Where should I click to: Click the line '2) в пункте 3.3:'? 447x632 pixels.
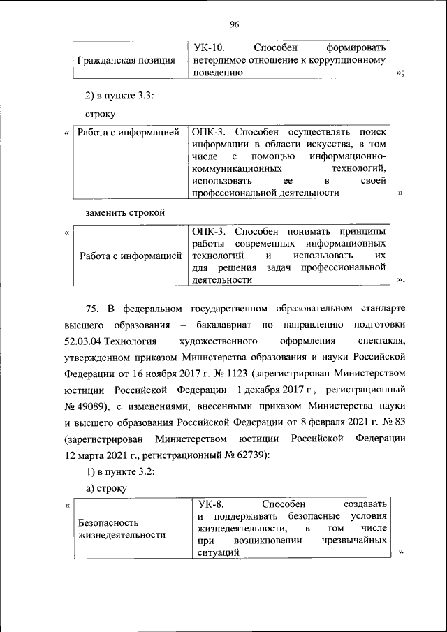click(115, 94)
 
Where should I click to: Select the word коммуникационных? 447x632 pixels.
click(237, 168)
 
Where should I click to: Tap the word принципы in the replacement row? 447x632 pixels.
click(362, 231)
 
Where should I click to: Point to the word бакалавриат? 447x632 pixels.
click(223, 325)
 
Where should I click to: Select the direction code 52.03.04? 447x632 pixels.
click(87, 341)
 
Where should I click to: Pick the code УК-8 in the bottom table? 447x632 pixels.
click(211, 504)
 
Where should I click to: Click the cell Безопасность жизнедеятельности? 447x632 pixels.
click(122, 529)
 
